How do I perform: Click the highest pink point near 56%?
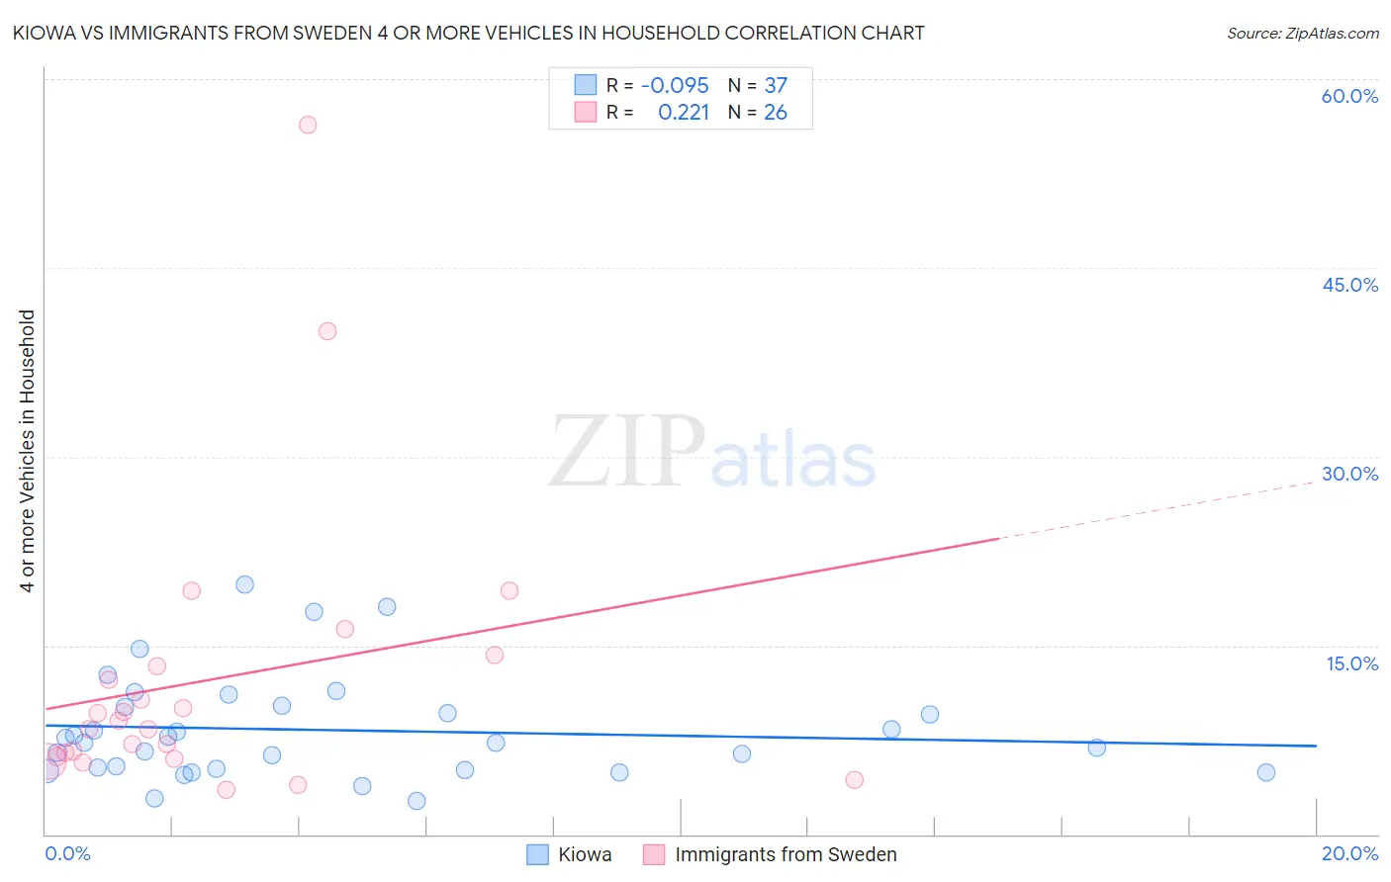tap(308, 125)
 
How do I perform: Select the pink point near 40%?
tap(327, 331)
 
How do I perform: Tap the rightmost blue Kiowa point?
tap(1266, 772)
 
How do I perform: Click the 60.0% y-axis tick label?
tap(1349, 96)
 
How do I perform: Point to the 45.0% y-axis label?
tap(1349, 285)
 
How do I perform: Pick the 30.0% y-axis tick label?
tap(1349, 474)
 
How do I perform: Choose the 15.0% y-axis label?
tap(1351, 663)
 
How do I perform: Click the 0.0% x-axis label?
tap(67, 853)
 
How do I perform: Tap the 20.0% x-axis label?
tap(1349, 853)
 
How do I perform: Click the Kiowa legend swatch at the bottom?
tap(537, 855)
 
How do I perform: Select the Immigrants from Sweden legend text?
tap(786, 855)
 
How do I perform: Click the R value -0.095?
tap(675, 86)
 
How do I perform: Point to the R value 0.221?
tap(684, 113)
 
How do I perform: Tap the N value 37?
tap(776, 86)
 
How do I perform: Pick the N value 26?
tap(776, 113)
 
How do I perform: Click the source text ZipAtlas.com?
tap(1302, 34)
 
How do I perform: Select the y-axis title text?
tap(28, 451)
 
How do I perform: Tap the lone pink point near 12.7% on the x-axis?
tap(855, 779)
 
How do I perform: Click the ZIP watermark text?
tap(627, 453)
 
